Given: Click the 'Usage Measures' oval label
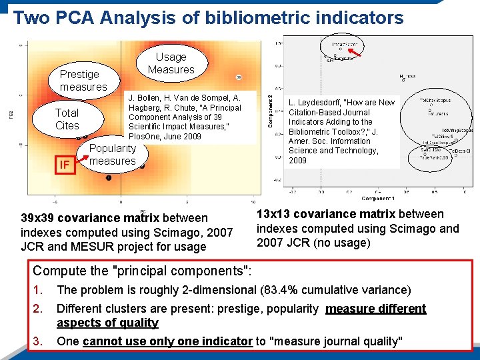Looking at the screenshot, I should (171, 63).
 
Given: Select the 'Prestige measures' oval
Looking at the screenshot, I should (83, 81).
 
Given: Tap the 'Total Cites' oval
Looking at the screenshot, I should (67, 119).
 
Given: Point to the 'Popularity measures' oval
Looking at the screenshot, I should (112, 155).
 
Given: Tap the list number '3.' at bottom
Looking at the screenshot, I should (39, 341).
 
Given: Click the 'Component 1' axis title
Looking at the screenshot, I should (377, 199).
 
